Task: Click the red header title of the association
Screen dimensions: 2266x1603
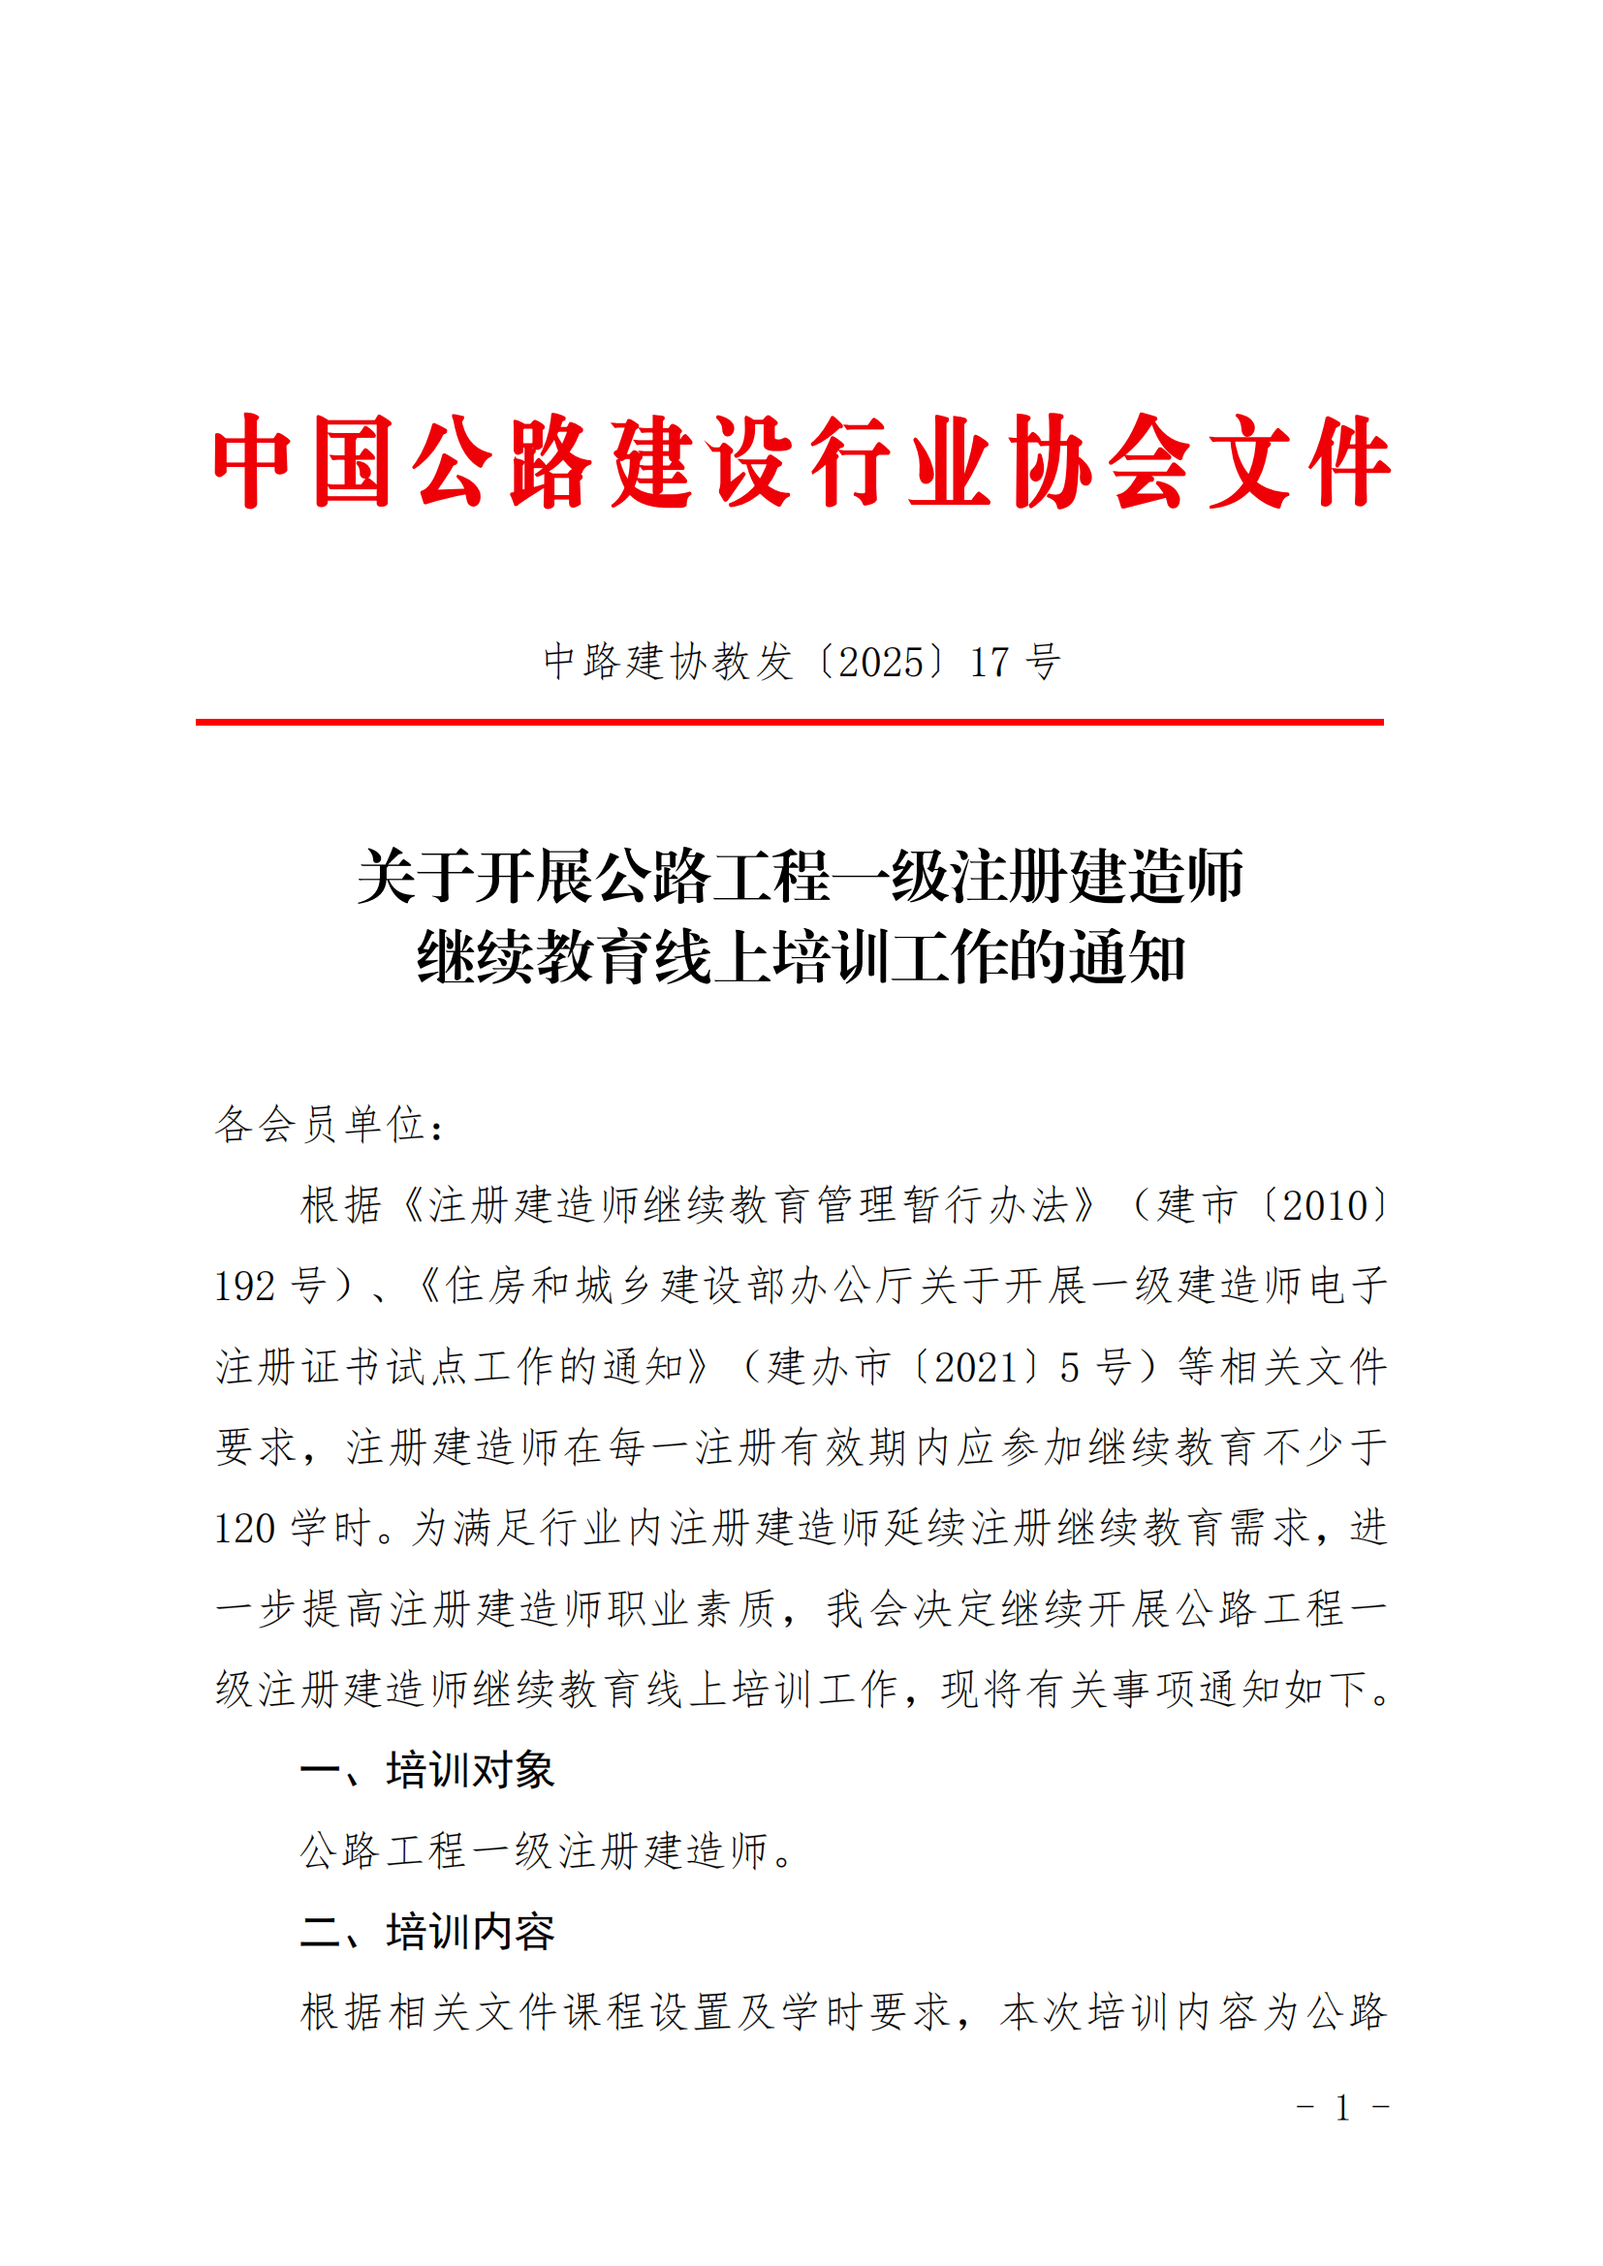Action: tap(801, 462)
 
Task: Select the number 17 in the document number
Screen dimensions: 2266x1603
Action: tap(990, 663)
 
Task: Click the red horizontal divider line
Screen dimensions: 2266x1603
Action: tap(790, 723)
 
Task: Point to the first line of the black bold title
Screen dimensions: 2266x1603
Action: tap(801, 877)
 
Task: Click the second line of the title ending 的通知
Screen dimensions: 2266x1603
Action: tap(801, 957)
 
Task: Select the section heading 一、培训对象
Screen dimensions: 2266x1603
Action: tap(426, 1771)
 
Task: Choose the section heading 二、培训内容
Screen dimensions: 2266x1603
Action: tap(426, 1932)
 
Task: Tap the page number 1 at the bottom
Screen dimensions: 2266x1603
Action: tap(1342, 2108)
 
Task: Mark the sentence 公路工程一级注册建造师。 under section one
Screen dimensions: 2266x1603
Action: tap(548, 1851)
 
